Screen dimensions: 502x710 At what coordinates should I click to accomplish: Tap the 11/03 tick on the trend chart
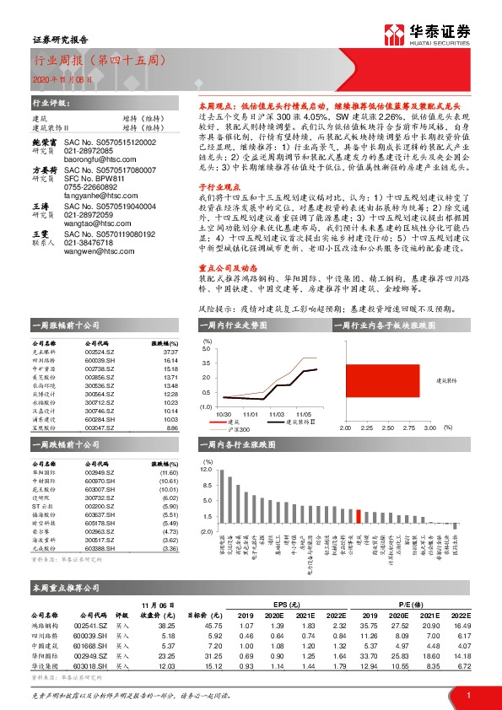[x=277, y=414]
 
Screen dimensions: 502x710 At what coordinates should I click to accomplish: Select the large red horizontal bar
[x=382, y=380]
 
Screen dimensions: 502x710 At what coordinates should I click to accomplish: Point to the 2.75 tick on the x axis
[x=408, y=428]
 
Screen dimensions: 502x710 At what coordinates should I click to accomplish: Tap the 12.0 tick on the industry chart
[x=206, y=466]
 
